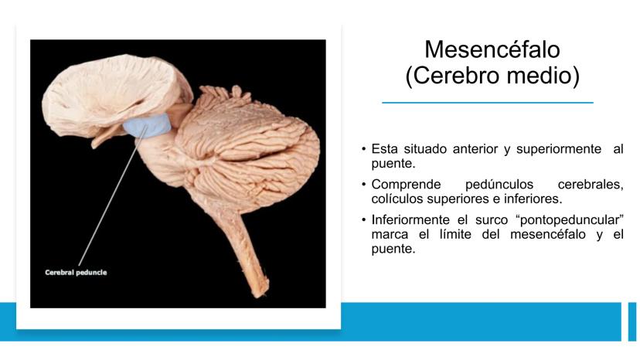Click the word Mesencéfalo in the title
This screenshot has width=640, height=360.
pos(492,49)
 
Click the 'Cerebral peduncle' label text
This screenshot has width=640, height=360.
pos(76,272)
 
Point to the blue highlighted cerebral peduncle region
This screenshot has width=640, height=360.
pos(147,125)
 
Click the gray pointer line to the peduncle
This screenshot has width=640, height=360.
pos(113,195)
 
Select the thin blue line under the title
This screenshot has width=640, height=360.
pos(488,103)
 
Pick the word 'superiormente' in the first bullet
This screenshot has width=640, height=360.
pos(559,149)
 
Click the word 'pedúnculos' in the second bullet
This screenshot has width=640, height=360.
pos(499,185)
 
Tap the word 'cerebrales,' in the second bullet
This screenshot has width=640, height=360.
pos(591,185)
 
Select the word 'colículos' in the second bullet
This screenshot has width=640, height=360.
pos(397,199)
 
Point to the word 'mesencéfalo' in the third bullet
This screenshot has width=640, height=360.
pos(542,234)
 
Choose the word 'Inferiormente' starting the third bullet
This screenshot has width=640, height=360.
pos(410,220)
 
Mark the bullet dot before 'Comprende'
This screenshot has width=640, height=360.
pos(364,185)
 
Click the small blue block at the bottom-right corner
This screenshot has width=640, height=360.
pos(632,321)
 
